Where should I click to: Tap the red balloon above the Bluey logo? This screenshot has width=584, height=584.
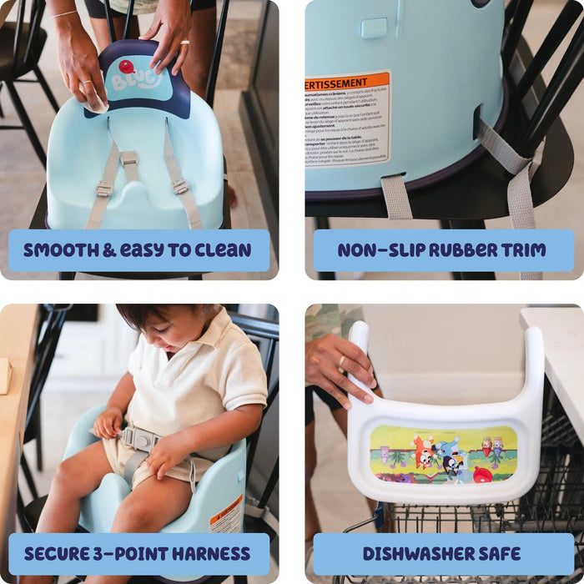point(126,66)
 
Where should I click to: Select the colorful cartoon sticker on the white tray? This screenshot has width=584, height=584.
point(443,455)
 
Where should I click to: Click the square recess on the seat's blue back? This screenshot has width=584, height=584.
point(374,28)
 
